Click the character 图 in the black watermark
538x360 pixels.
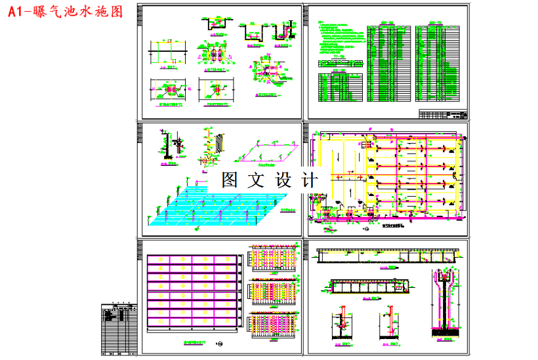(230, 180)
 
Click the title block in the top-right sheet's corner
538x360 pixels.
(444, 115)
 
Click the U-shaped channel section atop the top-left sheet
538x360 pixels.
(215, 24)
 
